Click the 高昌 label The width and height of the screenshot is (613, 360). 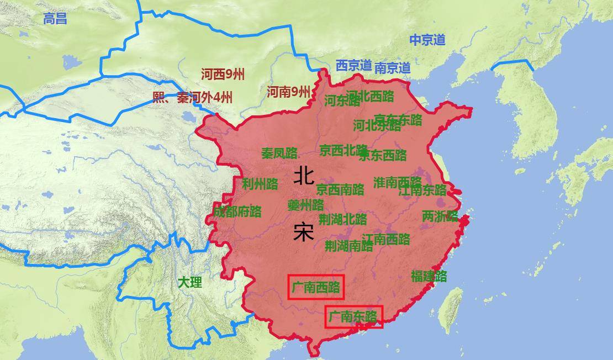pos(55,19)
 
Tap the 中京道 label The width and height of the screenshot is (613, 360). pos(427,40)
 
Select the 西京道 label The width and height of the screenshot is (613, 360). pos(353,65)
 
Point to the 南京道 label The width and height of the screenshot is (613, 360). pos(393,68)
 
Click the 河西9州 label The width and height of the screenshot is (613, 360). pos(223,75)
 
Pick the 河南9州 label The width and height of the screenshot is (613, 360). pos(288,92)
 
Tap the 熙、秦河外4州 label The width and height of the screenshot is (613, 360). pos(193,98)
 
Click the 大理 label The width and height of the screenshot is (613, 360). pos(189,282)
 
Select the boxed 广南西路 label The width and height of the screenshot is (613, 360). pos(316,287)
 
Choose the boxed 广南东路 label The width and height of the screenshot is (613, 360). pos(353,316)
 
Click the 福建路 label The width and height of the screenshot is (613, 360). pos(429,276)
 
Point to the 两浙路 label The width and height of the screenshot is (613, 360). pos(440,216)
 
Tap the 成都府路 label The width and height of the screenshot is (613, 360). pos(237,211)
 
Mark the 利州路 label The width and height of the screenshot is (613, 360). pos(260,184)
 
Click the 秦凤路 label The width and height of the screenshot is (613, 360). pos(279,153)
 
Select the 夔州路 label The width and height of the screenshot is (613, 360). pos(305,205)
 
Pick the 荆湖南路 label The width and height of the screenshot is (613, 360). pos(348,246)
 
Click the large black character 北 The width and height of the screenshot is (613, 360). pos(304,176)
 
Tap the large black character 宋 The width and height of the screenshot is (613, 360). pos(304,232)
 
